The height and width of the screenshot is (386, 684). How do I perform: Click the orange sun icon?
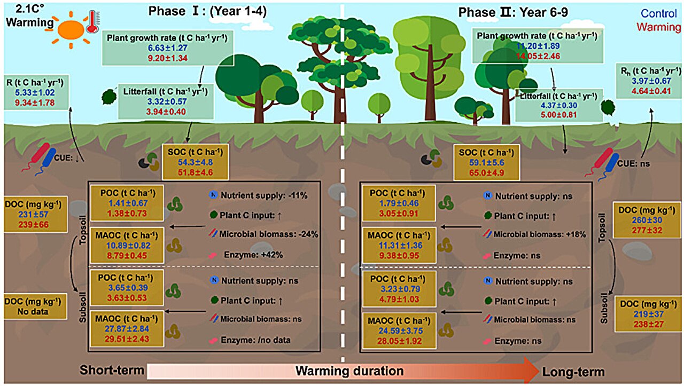pos(71,30)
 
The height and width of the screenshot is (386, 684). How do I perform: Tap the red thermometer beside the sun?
pos(92,22)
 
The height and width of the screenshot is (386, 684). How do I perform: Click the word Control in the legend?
pos(659,13)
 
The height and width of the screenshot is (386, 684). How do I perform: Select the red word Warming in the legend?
pos(659,27)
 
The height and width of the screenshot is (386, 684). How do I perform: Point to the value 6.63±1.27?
pos(168,48)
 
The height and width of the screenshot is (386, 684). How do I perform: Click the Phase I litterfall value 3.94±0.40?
pos(166,112)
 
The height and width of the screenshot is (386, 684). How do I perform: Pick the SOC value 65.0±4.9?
pos(487,172)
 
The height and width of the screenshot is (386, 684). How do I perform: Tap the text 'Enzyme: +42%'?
pos(253,255)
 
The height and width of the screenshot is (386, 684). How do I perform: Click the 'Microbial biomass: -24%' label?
pos(269,234)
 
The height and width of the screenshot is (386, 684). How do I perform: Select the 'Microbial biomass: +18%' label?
pos(540,234)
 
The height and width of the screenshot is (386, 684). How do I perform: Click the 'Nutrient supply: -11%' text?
pos(264,195)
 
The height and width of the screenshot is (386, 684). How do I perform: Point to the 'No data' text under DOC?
pos(33,312)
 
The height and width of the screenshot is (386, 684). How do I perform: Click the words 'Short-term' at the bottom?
pos(112,370)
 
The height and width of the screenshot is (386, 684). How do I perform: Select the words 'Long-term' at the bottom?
pos(573,372)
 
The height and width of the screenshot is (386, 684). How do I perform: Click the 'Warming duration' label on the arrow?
pos(349,371)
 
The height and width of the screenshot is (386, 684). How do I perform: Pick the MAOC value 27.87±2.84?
pos(127,329)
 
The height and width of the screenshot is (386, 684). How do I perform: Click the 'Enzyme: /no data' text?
pos(255,340)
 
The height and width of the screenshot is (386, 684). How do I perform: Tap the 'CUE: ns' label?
pos(634,164)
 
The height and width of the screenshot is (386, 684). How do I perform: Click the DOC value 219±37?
pos(648,314)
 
